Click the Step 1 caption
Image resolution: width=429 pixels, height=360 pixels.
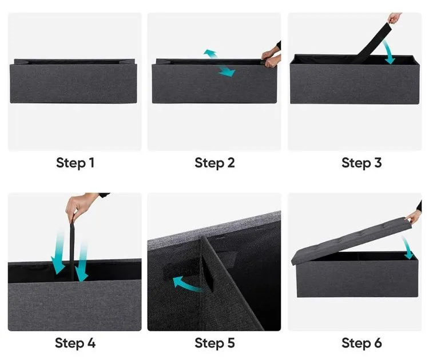tap(75, 163)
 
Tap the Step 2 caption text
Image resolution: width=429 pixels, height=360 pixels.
tap(214, 163)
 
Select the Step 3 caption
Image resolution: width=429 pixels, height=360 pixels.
tap(361, 163)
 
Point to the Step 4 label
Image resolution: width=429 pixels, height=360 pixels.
tap(75, 343)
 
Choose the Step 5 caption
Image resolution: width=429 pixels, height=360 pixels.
tap(214, 343)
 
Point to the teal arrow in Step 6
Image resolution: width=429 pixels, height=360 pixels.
tap(408, 247)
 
